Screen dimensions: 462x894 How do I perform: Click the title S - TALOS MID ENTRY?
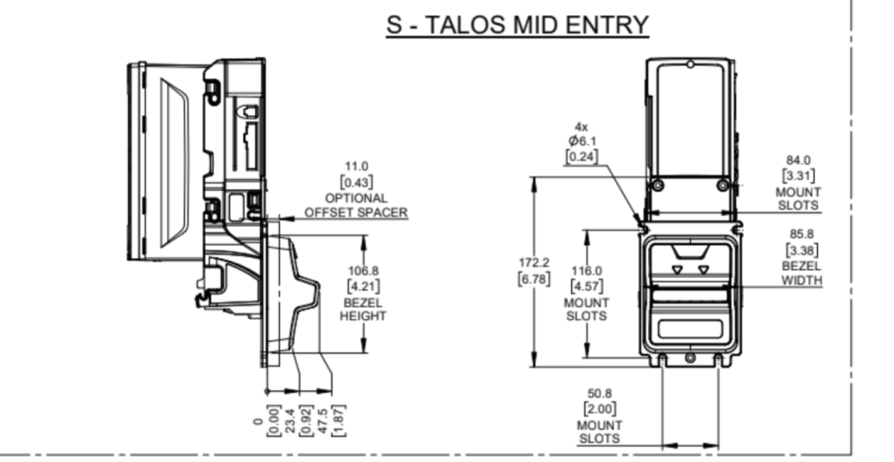click(517, 25)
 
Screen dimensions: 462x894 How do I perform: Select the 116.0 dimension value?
click(586, 270)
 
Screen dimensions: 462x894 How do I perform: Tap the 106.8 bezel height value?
click(363, 269)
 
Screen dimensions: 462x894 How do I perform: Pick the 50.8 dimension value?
click(599, 393)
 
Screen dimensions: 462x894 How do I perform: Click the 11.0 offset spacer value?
click(356, 167)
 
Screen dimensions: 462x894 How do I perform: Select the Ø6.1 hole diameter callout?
click(582, 141)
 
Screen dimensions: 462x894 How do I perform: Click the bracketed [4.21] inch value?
click(363, 286)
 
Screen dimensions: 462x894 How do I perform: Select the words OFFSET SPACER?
click(356, 212)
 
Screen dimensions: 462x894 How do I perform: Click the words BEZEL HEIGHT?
click(363, 309)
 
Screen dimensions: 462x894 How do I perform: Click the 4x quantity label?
click(581, 127)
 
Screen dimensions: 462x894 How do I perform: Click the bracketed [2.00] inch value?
click(599, 408)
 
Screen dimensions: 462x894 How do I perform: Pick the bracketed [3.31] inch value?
click(797, 175)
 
